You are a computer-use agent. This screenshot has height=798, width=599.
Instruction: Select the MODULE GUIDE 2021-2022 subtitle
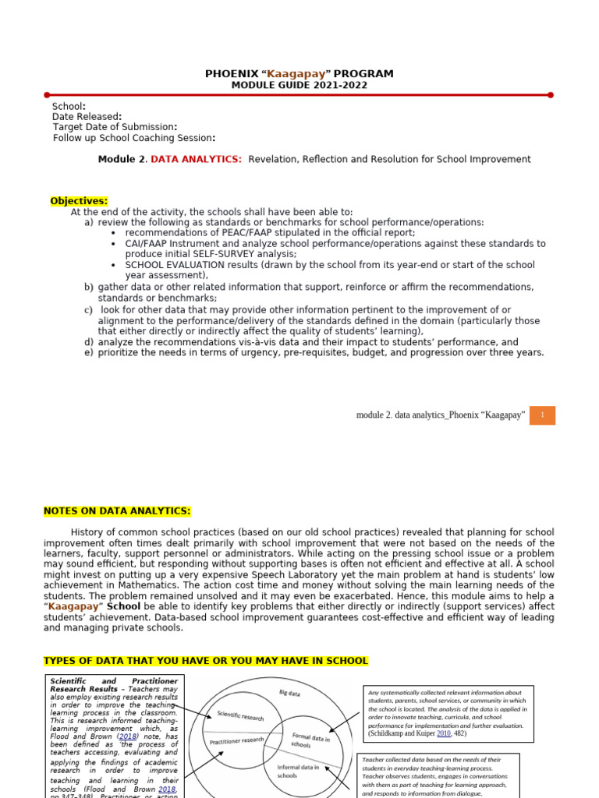pos(299,85)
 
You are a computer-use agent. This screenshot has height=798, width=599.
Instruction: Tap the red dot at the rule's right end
pos(551,95)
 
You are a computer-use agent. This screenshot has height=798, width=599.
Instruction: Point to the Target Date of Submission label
pos(115,127)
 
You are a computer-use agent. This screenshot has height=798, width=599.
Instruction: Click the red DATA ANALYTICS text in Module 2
pos(196,159)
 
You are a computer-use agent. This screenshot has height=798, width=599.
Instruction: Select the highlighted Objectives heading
pos(79,201)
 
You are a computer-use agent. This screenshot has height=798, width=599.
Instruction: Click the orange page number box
pos(541,415)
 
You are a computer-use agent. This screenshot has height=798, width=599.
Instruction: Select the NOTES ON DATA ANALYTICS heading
pos(117,511)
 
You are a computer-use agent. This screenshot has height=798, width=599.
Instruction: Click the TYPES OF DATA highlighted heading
pos(205,661)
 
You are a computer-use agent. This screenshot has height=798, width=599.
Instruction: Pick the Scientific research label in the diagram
pos(240,715)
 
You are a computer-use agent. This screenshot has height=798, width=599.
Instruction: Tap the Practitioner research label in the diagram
pos(236,740)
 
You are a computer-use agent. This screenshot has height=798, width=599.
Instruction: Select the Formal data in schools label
pos(311,740)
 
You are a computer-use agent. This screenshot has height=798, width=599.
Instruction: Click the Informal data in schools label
pos(298,772)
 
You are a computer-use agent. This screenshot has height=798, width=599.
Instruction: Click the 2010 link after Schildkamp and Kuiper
pos(444,733)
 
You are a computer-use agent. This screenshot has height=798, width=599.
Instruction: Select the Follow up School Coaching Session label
pos(133,138)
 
